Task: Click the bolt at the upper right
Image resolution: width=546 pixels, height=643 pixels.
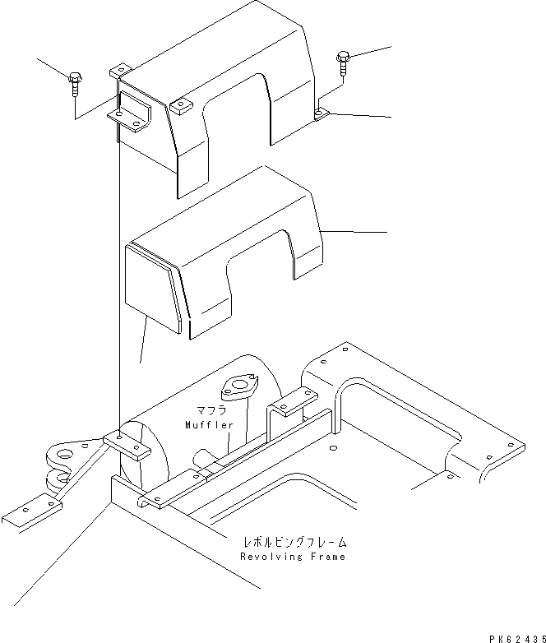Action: pyautogui.click(x=343, y=60)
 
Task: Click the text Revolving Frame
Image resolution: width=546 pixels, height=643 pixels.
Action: pyautogui.click(x=294, y=557)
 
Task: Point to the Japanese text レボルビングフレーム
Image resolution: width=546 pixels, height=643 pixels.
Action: pyautogui.click(x=294, y=543)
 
